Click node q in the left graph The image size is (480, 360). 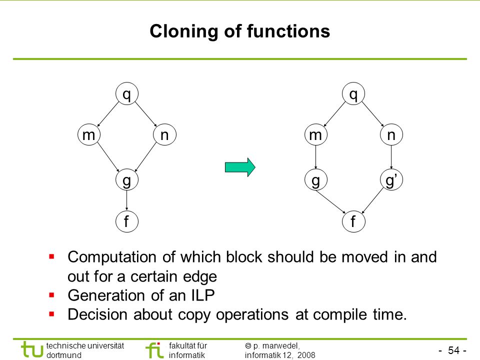click(x=127, y=93)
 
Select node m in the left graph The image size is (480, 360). click(x=89, y=134)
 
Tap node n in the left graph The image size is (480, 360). click(x=164, y=134)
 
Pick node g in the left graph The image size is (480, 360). click(x=127, y=179)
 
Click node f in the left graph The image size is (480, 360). click(x=127, y=221)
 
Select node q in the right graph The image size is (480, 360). click(x=353, y=93)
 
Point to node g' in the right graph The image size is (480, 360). click(x=391, y=179)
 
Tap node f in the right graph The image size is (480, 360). click(x=353, y=221)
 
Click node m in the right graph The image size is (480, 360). click(x=316, y=134)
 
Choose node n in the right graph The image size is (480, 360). click(x=391, y=134)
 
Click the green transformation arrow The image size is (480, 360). click(x=240, y=167)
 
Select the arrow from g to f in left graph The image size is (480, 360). click(x=126, y=200)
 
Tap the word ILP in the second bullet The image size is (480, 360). click(x=202, y=295)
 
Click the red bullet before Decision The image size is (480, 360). click(x=51, y=314)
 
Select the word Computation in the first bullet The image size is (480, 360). click(x=112, y=257)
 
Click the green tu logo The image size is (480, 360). click(x=32, y=349)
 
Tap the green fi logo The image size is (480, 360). click(x=154, y=350)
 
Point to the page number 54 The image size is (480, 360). click(x=453, y=350)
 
